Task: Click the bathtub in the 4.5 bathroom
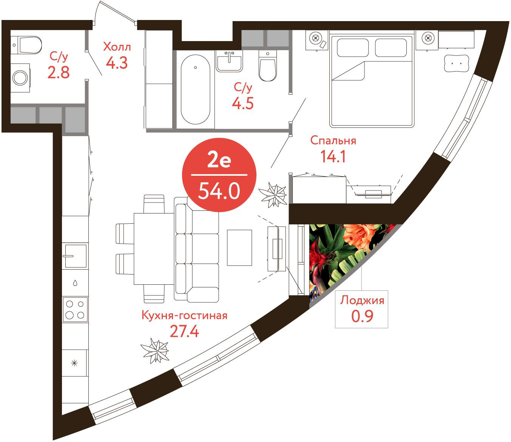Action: tap(195, 89)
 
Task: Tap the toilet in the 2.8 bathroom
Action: tap(27, 45)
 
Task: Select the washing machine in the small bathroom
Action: tap(20, 78)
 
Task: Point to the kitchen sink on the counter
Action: tap(76, 256)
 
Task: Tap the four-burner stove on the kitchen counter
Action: tap(75, 310)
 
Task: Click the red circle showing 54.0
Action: tap(219, 175)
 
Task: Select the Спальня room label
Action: tap(333, 141)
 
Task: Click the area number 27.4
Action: tap(184, 331)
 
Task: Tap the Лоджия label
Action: tap(362, 301)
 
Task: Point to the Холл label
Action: tap(117, 47)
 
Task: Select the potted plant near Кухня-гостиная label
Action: tap(155, 350)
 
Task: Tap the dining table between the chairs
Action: tap(154, 249)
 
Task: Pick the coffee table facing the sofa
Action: tap(239, 248)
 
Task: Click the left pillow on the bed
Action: tap(352, 48)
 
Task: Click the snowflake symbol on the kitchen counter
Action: tap(74, 363)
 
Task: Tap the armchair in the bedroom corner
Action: tap(456, 63)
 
